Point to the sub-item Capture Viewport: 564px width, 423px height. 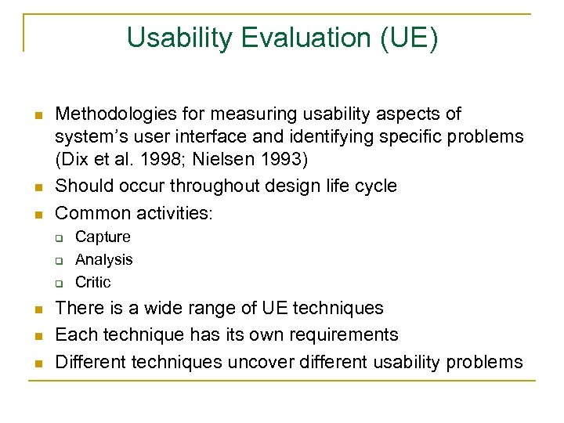coord(103,237)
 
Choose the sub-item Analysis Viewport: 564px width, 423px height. coord(103,259)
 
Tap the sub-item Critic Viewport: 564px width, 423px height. coord(93,282)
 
